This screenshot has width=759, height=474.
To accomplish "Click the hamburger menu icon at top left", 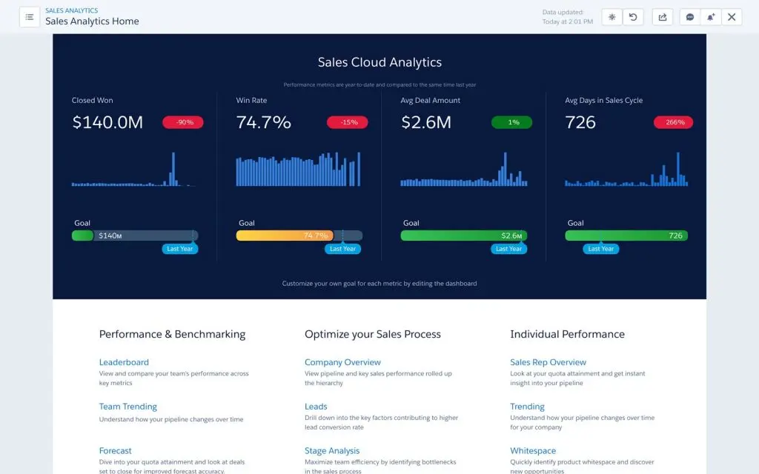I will [30, 17].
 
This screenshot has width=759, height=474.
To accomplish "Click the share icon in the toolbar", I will [663, 17].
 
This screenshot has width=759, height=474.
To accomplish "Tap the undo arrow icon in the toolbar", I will [633, 17].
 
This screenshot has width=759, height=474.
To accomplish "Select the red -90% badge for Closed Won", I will [182, 122].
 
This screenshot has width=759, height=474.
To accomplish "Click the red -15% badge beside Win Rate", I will [347, 122].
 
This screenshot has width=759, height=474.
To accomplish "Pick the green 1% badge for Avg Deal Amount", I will [511, 122].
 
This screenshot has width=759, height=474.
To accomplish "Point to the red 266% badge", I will [673, 122].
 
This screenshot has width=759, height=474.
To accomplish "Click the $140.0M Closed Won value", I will [107, 123].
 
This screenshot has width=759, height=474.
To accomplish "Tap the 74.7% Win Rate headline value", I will [263, 123].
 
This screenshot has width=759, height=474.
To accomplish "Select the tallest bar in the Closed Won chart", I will [173, 169].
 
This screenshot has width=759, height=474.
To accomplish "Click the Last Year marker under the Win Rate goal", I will [342, 249].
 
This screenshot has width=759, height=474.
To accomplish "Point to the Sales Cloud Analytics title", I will [379, 63].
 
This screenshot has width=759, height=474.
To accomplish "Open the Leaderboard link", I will [124, 362].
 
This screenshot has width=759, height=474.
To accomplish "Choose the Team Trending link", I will [128, 407].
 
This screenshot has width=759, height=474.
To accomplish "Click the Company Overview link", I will [342, 362].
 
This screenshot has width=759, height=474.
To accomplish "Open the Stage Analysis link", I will [332, 450].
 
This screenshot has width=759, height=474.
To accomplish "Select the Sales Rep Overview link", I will [548, 362].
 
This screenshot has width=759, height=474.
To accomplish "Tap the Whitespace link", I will [533, 450].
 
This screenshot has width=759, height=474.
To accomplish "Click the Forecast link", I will [116, 450].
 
